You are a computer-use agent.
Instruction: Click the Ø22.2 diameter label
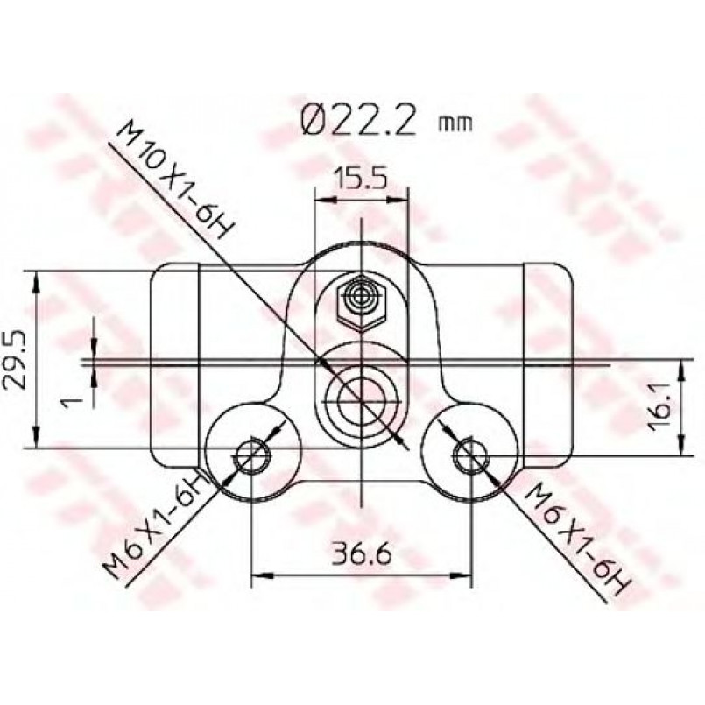pos(357,121)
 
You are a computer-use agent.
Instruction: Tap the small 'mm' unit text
pos(455,123)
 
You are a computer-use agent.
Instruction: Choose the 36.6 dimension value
pos(362,554)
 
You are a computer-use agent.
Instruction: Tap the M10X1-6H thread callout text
pos(175,180)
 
